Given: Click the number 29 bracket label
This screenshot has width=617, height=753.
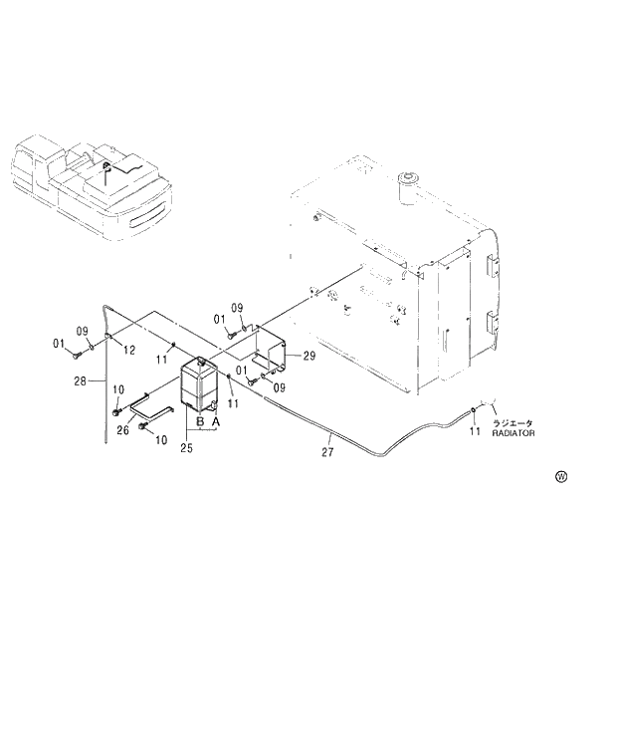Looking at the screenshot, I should pyautogui.click(x=309, y=356).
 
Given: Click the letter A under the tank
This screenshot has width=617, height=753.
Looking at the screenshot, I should pyautogui.click(x=216, y=422).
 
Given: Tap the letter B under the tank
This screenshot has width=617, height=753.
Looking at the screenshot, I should pyautogui.click(x=200, y=422).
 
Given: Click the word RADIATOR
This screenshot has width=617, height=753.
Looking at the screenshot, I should pyautogui.click(x=514, y=434).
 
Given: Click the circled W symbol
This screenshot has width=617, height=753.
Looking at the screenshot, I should pyautogui.click(x=561, y=477).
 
